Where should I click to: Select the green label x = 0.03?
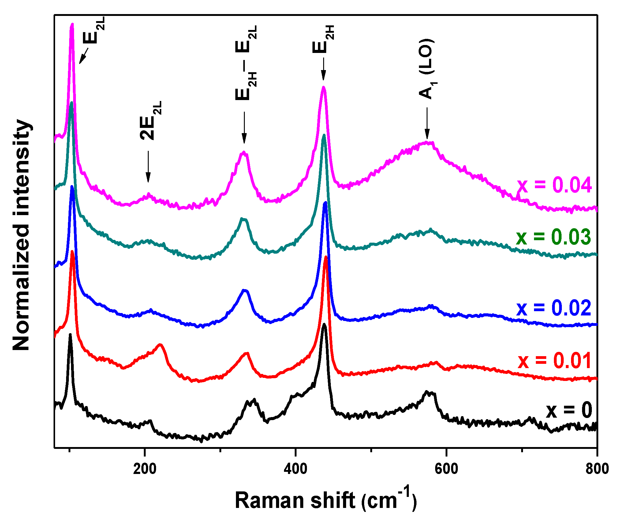tap(553, 237)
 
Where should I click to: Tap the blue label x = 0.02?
tap(554, 308)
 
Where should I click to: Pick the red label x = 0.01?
tap(555, 361)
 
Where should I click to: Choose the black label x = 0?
tap(569, 410)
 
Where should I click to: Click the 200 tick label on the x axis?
tap(145, 469)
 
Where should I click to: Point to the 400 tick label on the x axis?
tap(295, 469)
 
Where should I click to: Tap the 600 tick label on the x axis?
tap(446, 469)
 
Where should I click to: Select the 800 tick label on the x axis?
tap(597, 469)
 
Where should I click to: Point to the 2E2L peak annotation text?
tap(150, 121)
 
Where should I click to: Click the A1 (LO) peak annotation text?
tap(427, 69)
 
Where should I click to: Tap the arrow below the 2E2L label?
tap(148, 167)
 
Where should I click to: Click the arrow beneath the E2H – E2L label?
tap(244, 127)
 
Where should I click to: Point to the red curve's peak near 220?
tap(160, 345)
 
